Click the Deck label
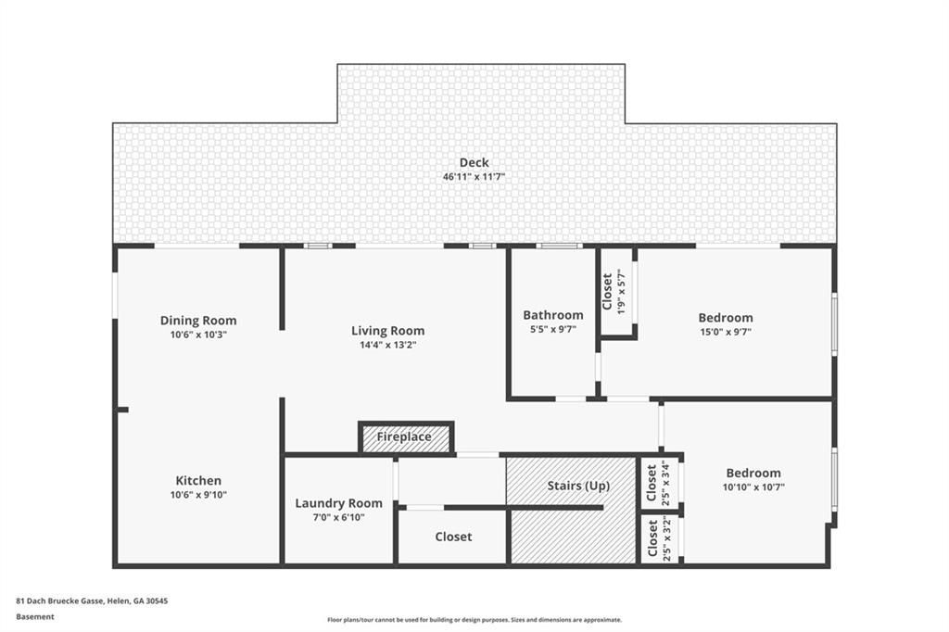click(x=474, y=163)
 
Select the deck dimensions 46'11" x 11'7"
click(x=474, y=177)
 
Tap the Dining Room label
click(x=198, y=321)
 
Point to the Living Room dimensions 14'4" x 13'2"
click(x=387, y=345)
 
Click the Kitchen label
click(x=198, y=480)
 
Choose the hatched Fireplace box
click(x=405, y=437)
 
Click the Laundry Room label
click(x=338, y=503)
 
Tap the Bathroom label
click(x=553, y=314)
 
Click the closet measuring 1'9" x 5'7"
click(x=615, y=292)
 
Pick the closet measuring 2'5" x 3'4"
click(x=660, y=482)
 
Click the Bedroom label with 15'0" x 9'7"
click(x=726, y=318)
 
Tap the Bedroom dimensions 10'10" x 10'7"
click(x=753, y=487)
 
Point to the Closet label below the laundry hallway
click(x=453, y=537)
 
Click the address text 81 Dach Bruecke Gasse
click(x=92, y=600)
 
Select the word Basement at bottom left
click(x=35, y=616)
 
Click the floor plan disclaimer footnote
click(x=474, y=620)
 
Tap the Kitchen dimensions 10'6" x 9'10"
click(x=198, y=495)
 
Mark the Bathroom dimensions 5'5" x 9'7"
click(x=553, y=329)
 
